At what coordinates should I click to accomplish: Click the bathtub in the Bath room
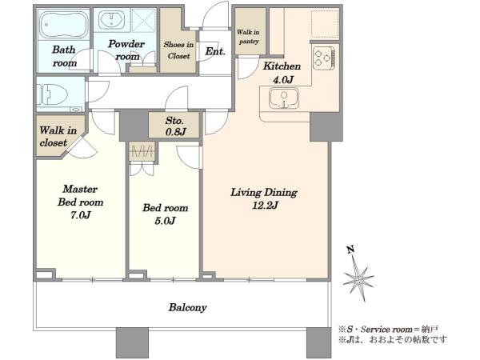point(64,25)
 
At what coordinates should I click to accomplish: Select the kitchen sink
point(283,98)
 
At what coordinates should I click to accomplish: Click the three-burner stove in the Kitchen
point(324,58)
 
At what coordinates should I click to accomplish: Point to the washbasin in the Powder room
point(111,19)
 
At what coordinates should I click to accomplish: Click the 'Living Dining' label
point(263,193)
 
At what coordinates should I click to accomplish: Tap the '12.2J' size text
point(265,206)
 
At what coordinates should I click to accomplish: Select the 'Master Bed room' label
point(81,196)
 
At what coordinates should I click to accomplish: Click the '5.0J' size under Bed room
point(165,221)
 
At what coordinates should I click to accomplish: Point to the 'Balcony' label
point(188,307)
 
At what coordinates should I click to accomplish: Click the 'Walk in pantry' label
point(248,37)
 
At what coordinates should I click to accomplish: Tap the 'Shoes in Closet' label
point(178,50)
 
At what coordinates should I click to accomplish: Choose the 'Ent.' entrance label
point(215,51)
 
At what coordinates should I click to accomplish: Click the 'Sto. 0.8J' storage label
point(175,126)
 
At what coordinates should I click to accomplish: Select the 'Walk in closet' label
point(58,137)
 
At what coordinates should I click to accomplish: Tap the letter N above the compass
point(351,250)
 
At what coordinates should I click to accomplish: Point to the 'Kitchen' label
point(282,66)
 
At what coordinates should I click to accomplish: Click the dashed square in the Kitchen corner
point(325,24)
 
